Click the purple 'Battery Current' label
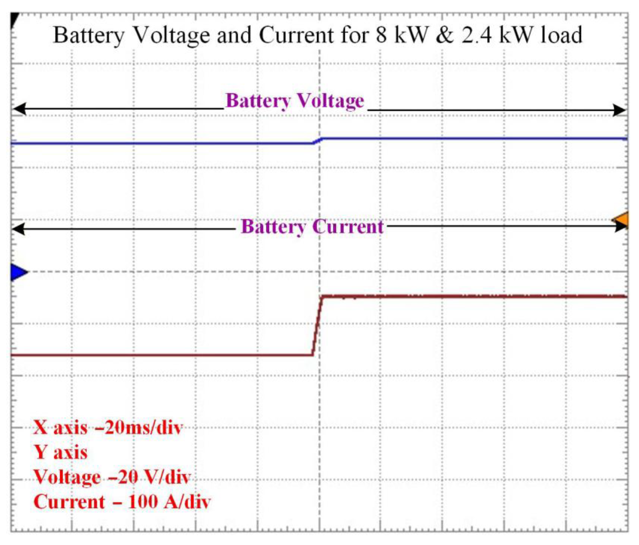coord(312,227)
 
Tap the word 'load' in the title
coord(561,35)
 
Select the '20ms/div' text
coord(144,428)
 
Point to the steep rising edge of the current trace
coord(317,326)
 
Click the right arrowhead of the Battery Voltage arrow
coord(619,110)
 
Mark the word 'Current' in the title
coord(296,35)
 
